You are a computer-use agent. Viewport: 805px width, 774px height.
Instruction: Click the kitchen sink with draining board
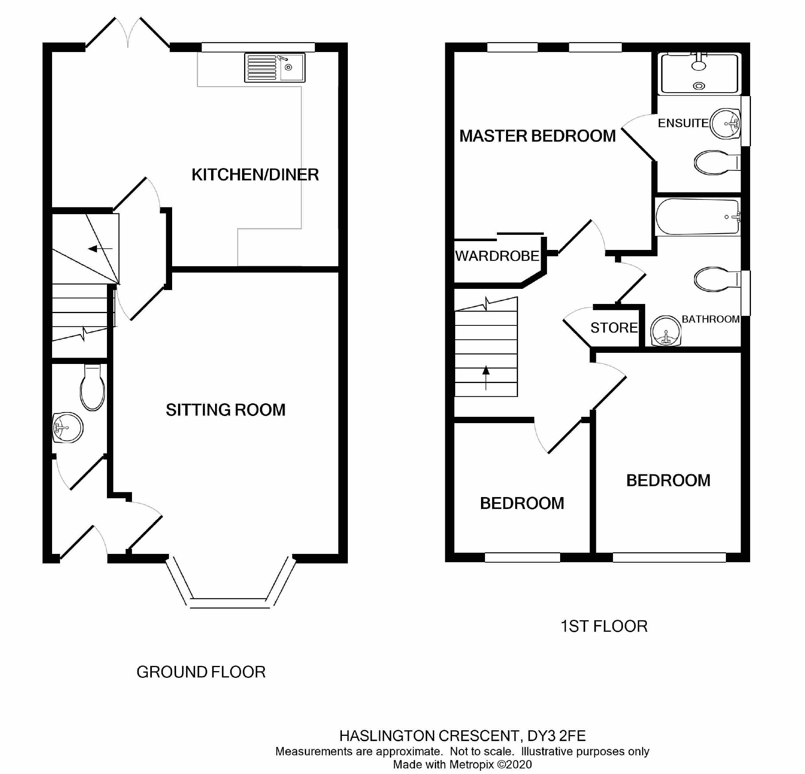(274, 67)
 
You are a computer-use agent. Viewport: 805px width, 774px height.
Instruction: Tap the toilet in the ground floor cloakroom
(92, 388)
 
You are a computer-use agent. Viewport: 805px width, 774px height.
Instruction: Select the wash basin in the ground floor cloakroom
(68, 428)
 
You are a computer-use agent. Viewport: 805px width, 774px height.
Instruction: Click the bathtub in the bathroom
(697, 217)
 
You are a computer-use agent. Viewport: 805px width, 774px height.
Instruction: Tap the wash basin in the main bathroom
(666, 331)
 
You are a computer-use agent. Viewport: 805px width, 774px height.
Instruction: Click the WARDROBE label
(497, 256)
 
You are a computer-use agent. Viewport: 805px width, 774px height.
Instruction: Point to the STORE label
(614, 328)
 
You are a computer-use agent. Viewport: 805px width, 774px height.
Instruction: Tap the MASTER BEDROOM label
(537, 136)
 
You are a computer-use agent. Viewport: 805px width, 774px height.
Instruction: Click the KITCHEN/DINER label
(255, 175)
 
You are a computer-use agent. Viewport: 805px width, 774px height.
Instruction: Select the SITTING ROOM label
(225, 410)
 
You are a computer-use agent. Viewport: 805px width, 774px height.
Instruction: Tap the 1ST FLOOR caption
(604, 626)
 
